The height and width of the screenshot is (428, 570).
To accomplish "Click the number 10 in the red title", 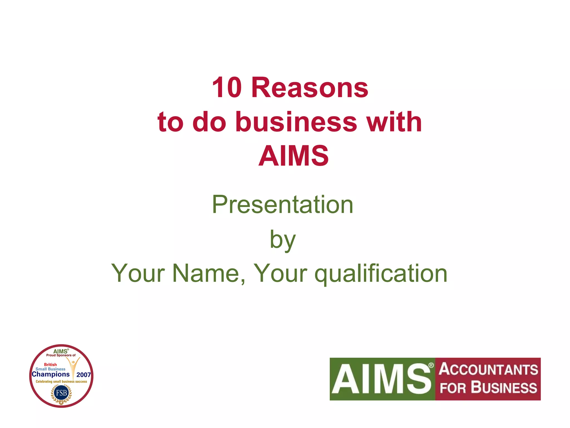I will [x=227, y=88].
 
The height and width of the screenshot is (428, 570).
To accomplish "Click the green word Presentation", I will [x=282, y=205].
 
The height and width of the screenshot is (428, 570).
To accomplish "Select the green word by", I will [x=282, y=240].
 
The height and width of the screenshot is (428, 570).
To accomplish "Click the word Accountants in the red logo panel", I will [x=488, y=369].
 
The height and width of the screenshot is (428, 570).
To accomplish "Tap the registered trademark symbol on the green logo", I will [x=431, y=365].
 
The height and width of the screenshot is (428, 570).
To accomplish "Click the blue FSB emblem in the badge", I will [x=61, y=393].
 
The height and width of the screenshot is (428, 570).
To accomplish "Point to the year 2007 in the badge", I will [x=83, y=375].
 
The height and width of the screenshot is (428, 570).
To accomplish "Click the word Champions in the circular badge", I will [x=51, y=374].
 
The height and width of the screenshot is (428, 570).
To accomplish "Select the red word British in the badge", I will [x=50, y=364].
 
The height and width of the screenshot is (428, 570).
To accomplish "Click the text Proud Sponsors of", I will [x=61, y=355].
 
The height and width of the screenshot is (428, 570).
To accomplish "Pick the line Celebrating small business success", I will [x=61, y=381].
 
